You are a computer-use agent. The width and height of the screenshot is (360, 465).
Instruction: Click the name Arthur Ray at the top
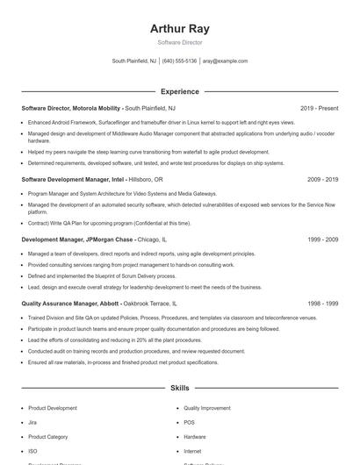click(179, 29)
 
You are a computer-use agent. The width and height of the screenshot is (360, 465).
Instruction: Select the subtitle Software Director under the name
click(179, 42)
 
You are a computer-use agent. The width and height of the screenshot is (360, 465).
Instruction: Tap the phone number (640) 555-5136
click(179, 61)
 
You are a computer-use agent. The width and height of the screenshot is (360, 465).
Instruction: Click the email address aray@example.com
click(226, 61)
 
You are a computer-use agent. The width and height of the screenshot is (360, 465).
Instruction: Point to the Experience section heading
click(179, 91)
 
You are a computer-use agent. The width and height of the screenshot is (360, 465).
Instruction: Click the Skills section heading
click(179, 387)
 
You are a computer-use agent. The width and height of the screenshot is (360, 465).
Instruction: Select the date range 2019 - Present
click(319, 109)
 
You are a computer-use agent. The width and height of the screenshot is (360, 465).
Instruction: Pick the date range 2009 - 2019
click(322, 179)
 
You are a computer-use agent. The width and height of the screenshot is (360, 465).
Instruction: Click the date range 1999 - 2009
click(322, 239)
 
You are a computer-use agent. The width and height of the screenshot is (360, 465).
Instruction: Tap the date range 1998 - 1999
click(322, 304)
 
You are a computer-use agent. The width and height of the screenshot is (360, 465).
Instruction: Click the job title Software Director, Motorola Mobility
click(71, 109)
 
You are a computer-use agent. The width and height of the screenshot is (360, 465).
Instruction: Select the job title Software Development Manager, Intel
click(74, 179)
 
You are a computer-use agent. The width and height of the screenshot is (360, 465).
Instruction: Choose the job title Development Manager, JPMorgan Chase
click(77, 239)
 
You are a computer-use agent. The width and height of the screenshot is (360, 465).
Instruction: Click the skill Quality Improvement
click(206, 408)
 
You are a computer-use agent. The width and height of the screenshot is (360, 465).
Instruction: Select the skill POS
click(189, 422)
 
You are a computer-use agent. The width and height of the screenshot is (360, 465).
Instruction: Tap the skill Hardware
click(195, 436)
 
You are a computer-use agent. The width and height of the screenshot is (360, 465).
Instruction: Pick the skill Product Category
click(48, 436)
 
